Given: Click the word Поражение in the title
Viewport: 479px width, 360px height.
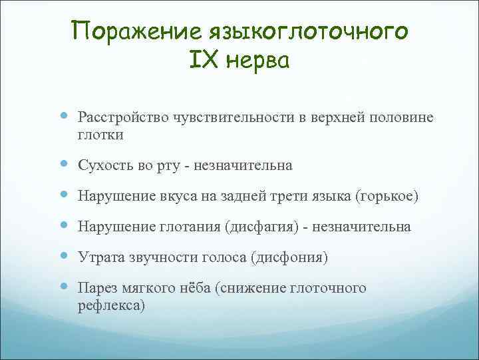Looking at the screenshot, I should tap(138, 31).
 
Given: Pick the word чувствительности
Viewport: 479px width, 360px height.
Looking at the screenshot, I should tap(221, 118).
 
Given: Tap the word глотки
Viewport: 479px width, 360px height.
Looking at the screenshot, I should tap(100, 135).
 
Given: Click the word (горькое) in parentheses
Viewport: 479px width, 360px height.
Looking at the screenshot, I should tap(387, 196).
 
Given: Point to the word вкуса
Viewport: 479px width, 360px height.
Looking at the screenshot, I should tap(166, 196).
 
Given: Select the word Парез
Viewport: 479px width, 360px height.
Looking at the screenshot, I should tap(98, 288).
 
